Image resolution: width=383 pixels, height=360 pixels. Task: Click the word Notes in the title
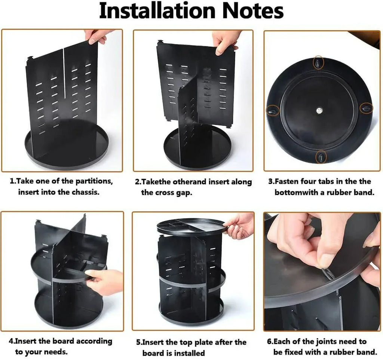pos(254,12)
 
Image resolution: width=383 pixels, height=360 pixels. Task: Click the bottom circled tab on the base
pos(321,157)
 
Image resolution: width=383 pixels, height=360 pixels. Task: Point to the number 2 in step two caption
pos(137,182)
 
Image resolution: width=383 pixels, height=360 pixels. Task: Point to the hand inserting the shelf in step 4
pos(105,280)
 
